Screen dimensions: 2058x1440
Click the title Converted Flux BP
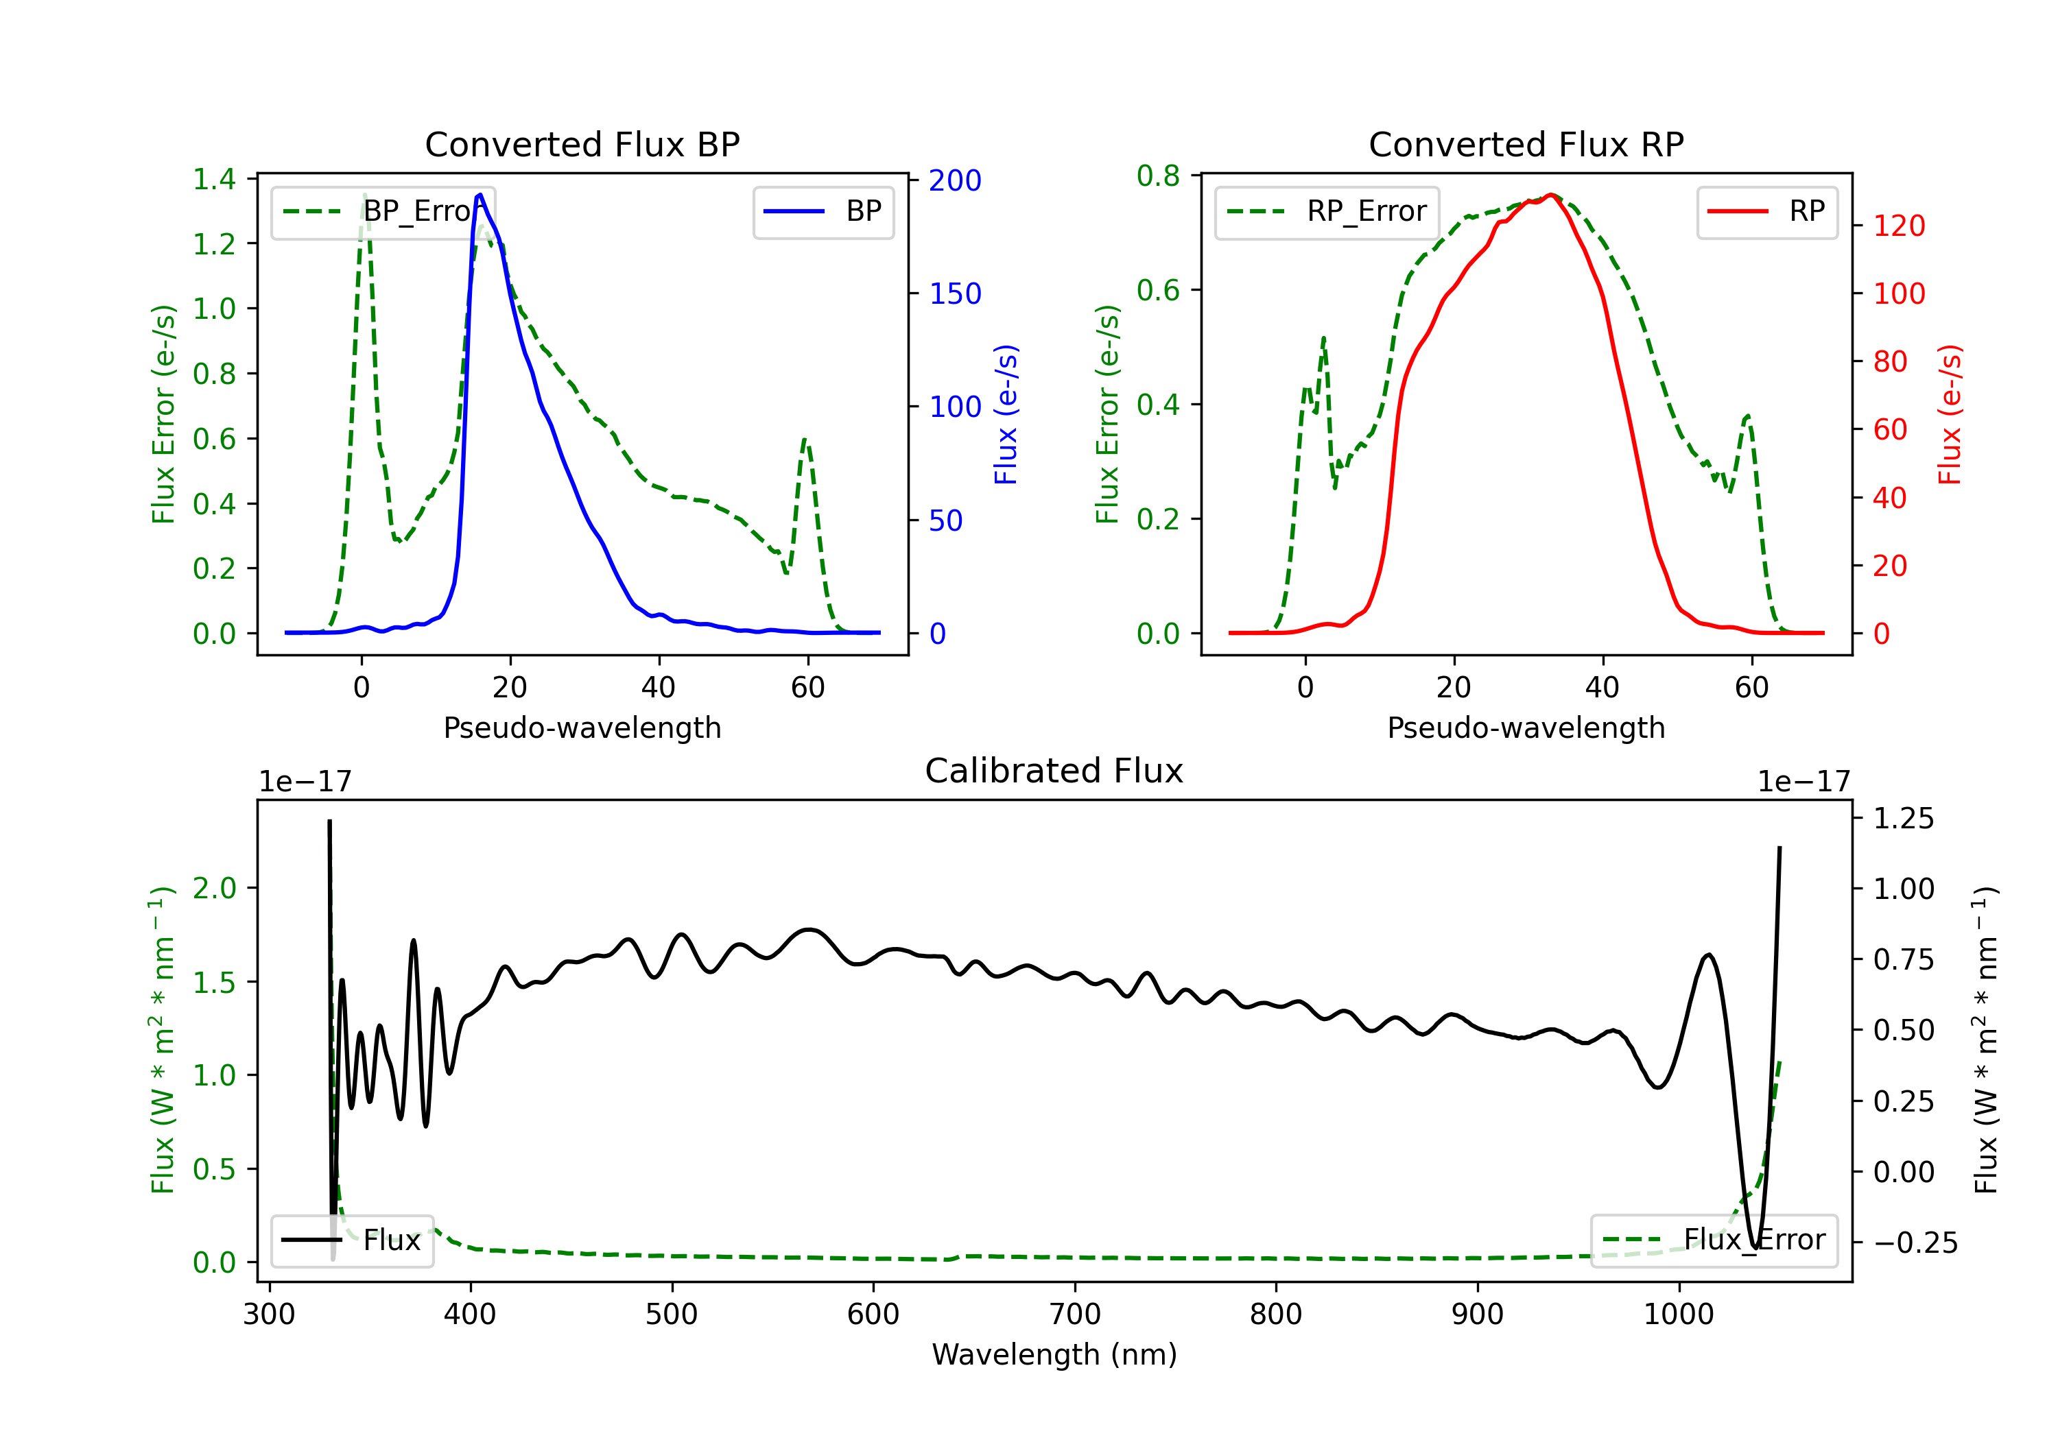582,144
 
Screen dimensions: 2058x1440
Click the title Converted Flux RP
1526,144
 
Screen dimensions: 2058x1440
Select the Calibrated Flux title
1054,771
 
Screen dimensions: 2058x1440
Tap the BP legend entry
823,211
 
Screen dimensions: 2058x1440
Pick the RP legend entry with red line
1766,211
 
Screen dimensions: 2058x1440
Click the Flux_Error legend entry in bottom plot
1714,1240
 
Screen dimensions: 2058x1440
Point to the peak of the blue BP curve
480,195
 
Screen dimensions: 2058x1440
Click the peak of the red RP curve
1550,195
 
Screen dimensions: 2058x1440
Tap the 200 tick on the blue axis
955,180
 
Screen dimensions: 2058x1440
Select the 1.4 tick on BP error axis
214,179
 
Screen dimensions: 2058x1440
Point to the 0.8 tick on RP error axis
1158,176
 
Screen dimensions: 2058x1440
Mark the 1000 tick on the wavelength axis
1679,1315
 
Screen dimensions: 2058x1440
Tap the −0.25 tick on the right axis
1915,1243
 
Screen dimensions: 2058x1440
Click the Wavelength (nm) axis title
1054,1354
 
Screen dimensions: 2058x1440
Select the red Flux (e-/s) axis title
1949,415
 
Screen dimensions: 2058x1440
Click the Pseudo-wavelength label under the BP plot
582,728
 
